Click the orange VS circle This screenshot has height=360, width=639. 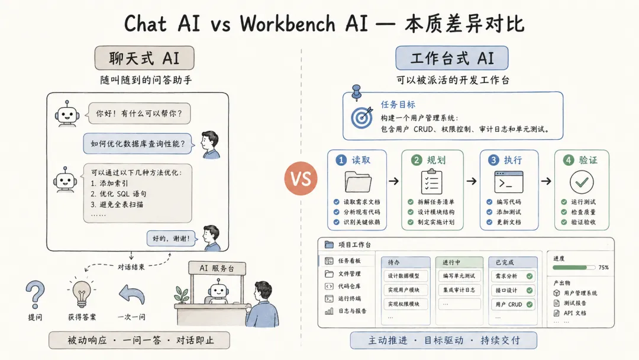(301, 179)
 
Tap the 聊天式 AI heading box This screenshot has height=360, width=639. (144, 58)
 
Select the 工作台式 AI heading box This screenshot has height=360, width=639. (451, 58)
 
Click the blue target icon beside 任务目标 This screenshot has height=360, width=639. (362, 117)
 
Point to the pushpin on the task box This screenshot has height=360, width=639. (357, 92)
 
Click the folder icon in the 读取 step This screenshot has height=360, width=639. (358, 182)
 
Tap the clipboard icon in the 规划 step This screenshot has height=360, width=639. (431, 182)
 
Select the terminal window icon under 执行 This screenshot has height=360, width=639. (509, 182)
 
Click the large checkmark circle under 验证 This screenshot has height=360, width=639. (582, 182)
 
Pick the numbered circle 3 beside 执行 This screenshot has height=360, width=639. (493, 160)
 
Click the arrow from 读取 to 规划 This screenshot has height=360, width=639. (393, 181)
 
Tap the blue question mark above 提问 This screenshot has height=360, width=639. (35, 294)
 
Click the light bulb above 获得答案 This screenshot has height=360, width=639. (82, 292)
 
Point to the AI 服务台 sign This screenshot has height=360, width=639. (217, 268)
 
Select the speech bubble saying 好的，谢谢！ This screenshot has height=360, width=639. (171, 238)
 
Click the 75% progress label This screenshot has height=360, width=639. (603, 268)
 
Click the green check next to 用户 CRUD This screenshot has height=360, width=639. (530, 304)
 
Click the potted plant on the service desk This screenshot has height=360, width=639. (182, 295)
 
